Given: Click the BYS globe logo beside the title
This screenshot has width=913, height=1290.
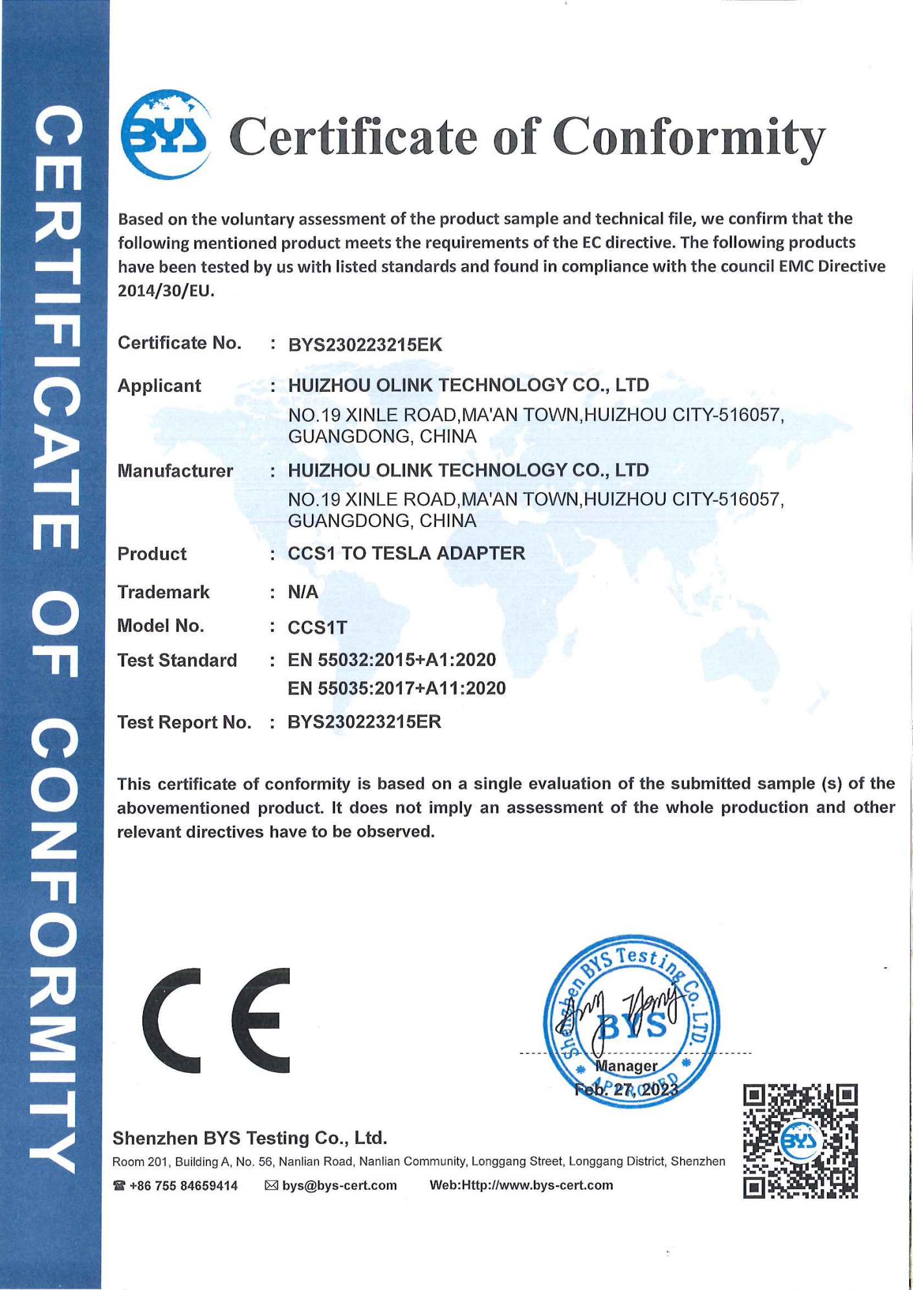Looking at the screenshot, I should click(166, 134).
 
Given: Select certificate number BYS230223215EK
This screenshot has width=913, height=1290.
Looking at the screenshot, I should click(365, 345).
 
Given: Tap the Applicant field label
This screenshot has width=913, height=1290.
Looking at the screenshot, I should click(159, 386).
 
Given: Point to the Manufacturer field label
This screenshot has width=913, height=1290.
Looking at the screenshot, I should click(175, 471).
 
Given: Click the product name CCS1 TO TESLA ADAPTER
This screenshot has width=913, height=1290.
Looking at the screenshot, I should click(406, 554).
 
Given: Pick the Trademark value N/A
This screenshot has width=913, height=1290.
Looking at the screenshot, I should click(303, 592).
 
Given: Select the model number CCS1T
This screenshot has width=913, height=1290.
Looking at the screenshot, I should click(317, 627).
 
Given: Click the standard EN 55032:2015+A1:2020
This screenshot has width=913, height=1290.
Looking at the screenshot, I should click(391, 660).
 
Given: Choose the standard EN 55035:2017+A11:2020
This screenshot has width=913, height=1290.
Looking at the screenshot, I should click(397, 689).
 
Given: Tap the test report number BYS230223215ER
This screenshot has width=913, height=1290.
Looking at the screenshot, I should click(364, 722).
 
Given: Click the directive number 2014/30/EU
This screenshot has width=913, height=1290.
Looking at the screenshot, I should click(165, 291).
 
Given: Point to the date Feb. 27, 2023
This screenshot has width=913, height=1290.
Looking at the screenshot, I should click(626, 1090).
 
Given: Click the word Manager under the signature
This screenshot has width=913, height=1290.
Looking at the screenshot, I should click(626, 1066).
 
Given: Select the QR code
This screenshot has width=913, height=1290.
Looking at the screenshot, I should click(800, 1141).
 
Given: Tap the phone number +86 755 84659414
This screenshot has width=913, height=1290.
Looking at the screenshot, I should click(183, 1186).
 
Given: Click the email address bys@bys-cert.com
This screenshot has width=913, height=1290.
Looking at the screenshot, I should click(339, 1186).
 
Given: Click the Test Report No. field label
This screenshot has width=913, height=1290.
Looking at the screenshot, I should click(184, 722).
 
